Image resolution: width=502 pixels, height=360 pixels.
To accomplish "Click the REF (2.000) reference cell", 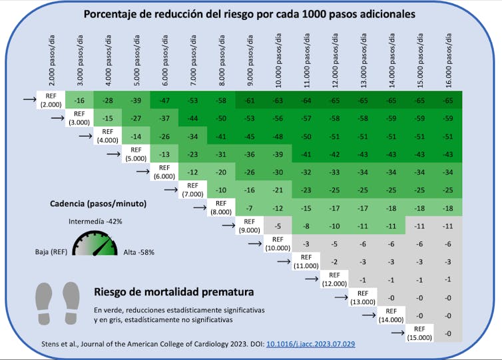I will [x=51, y=100].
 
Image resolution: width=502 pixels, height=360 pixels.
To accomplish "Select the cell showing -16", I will [x=79, y=100].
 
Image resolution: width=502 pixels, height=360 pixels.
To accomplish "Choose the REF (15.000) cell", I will [x=419, y=333].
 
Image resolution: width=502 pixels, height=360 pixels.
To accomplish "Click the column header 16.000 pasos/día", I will [x=449, y=61].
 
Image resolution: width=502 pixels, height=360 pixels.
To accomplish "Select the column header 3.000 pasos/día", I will [x=79, y=61].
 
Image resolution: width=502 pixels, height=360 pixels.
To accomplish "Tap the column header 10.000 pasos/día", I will [x=278, y=61].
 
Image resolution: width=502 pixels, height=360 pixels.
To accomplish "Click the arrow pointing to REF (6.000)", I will [x=141, y=172].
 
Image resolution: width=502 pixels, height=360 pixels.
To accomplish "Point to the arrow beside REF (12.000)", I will [x=311, y=279].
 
